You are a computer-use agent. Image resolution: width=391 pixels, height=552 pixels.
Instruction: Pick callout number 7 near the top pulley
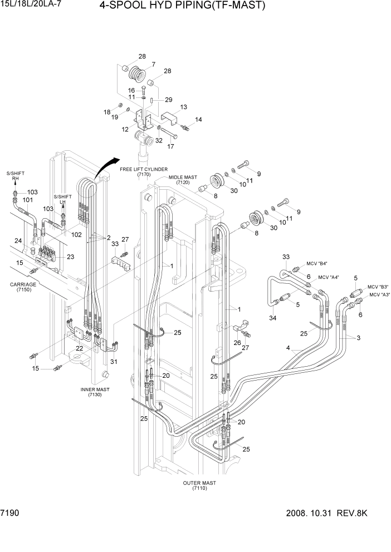tap(153, 64)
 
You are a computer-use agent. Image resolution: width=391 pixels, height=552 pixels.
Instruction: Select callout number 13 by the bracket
tap(183, 107)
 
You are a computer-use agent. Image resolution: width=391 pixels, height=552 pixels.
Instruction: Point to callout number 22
tap(80, 348)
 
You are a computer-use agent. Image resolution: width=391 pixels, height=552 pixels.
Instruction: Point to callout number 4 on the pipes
tap(288, 349)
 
